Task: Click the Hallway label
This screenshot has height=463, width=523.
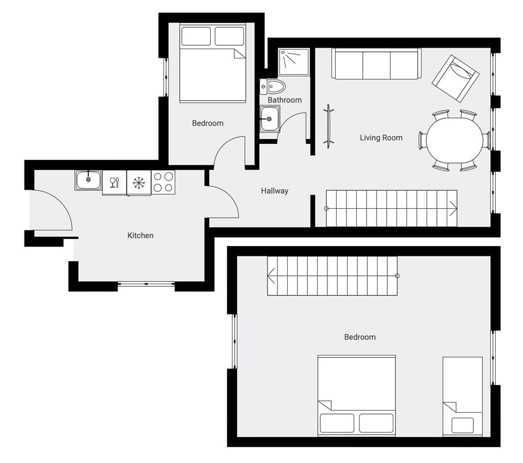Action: (x=275, y=191)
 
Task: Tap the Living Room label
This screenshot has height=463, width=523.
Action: (x=381, y=138)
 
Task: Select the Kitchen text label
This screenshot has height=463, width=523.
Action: (x=140, y=236)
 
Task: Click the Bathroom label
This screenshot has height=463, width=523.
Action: (x=284, y=100)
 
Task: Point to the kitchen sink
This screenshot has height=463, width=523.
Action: (x=88, y=180)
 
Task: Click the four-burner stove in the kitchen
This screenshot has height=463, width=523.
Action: (x=163, y=182)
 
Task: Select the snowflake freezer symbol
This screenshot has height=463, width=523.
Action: (x=139, y=182)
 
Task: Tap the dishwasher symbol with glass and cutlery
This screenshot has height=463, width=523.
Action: (x=114, y=182)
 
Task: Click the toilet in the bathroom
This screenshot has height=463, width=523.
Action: (x=273, y=86)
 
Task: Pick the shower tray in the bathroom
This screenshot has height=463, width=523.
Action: (x=294, y=62)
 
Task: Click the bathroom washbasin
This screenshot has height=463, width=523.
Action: (x=270, y=119)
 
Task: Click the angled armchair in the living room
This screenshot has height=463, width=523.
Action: (x=456, y=77)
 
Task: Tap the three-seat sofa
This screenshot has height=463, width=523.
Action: (x=376, y=64)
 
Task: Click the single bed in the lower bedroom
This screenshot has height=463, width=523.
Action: (x=463, y=396)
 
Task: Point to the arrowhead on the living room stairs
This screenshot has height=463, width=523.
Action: (x=453, y=208)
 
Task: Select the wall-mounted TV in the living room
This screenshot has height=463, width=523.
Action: (x=329, y=126)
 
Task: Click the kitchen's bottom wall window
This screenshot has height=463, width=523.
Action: (x=146, y=283)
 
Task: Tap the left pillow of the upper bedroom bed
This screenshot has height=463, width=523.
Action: (x=196, y=37)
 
